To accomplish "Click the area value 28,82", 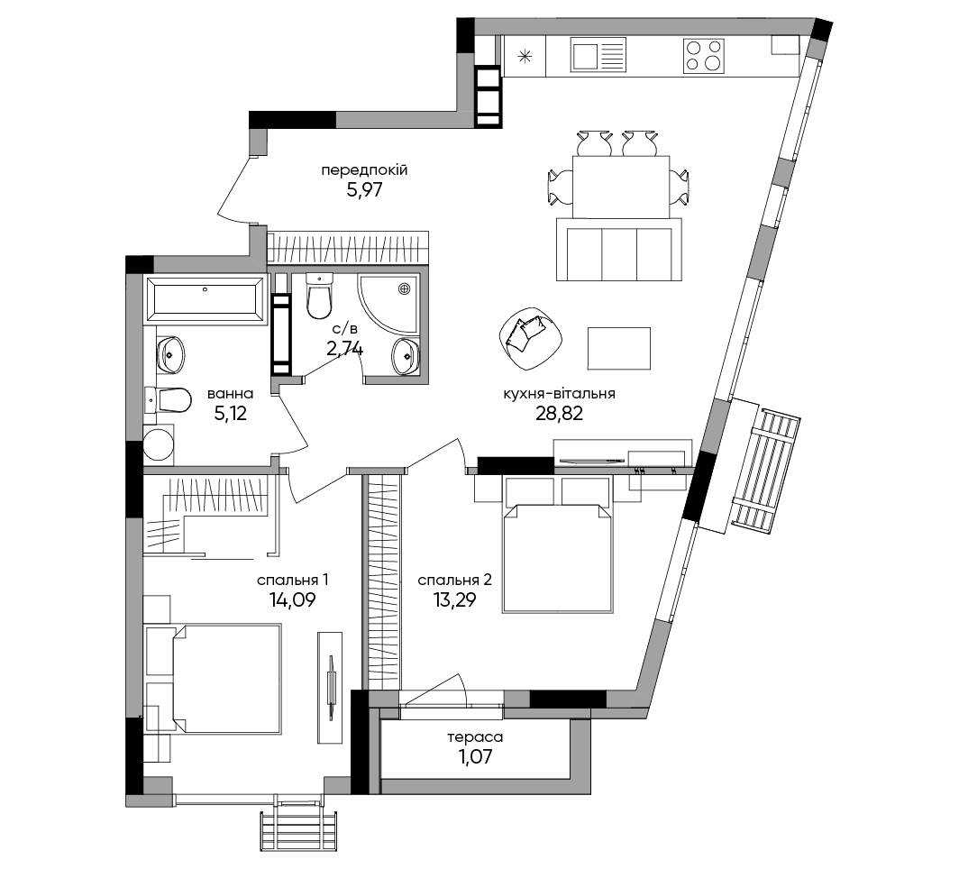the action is coord(559,414).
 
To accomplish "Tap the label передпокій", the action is coord(364,170).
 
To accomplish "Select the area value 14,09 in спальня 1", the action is coord(292,600).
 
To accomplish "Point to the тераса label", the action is coord(475,736).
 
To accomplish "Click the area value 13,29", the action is coord(454,600).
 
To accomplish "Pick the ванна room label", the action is coord(230,393).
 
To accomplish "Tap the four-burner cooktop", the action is coord(703,56).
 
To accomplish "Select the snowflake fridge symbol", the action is coord(525,57).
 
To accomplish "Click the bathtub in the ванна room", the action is coord(205,299).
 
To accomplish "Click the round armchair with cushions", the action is coord(530,339).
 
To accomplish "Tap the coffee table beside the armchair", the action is coord(618,348).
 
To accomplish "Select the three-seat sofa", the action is coord(619,249).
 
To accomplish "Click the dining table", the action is coord(621,187).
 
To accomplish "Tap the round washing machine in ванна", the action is coord(159,444).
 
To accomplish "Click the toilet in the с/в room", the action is coord(319,296).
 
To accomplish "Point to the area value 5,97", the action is coord(364,189).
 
